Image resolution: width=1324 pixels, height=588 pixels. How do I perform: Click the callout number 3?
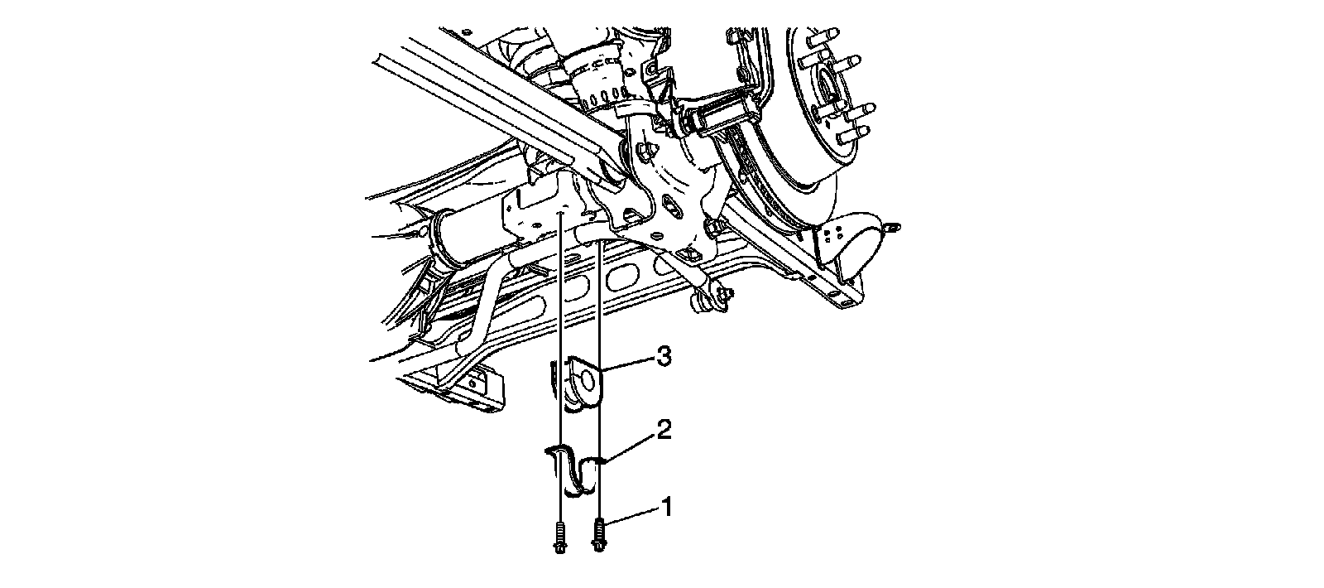(x=663, y=357)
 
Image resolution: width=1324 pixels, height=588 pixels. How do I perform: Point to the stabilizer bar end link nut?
(x=726, y=294)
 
